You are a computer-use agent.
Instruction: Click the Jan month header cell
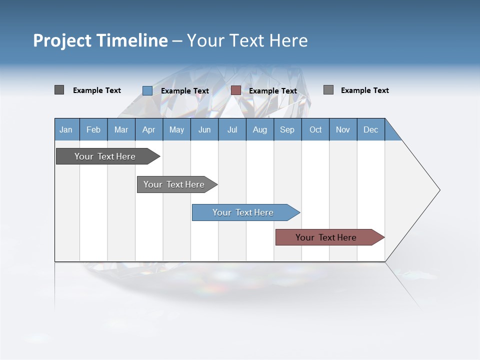[66, 129]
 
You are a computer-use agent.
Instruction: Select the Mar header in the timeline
[121, 129]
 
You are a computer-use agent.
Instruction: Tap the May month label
[176, 129]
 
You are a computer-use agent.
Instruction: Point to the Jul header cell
[232, 129]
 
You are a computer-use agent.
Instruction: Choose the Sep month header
[287, 129]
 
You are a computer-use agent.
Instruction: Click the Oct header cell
[315, 129]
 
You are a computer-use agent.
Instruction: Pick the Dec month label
[370, 129]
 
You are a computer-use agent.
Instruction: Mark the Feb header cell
[93, 129]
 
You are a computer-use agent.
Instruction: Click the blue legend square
[147, 90]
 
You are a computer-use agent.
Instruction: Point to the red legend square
[236, 90]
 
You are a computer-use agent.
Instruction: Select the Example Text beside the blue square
[185, 91]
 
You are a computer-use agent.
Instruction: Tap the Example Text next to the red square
[273, 91]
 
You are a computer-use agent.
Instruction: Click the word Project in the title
[62, 40]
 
